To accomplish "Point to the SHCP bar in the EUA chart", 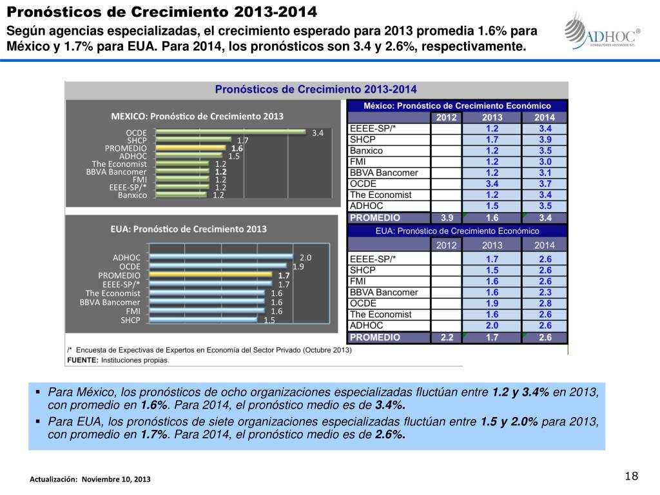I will coord(203,319).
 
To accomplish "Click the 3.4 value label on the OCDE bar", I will coord(317,133).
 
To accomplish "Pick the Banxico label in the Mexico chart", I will coord(132,195).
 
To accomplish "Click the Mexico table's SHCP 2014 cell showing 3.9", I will coord(545,139).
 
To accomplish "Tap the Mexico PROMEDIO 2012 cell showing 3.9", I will coord(446,218).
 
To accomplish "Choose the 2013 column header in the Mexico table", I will coord(492,117).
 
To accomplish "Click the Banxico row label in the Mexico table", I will coord(366,151).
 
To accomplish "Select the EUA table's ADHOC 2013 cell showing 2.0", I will coord(492,325).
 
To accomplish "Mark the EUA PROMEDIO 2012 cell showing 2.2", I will coord(446,337).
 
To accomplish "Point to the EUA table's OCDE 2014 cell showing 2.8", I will coord(545,303).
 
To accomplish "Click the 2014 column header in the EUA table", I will coord(545,244).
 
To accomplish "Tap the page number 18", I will coord(631,476).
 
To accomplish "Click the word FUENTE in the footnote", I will coord(82,360).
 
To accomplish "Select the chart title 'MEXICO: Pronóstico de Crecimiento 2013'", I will coord(197,116).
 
